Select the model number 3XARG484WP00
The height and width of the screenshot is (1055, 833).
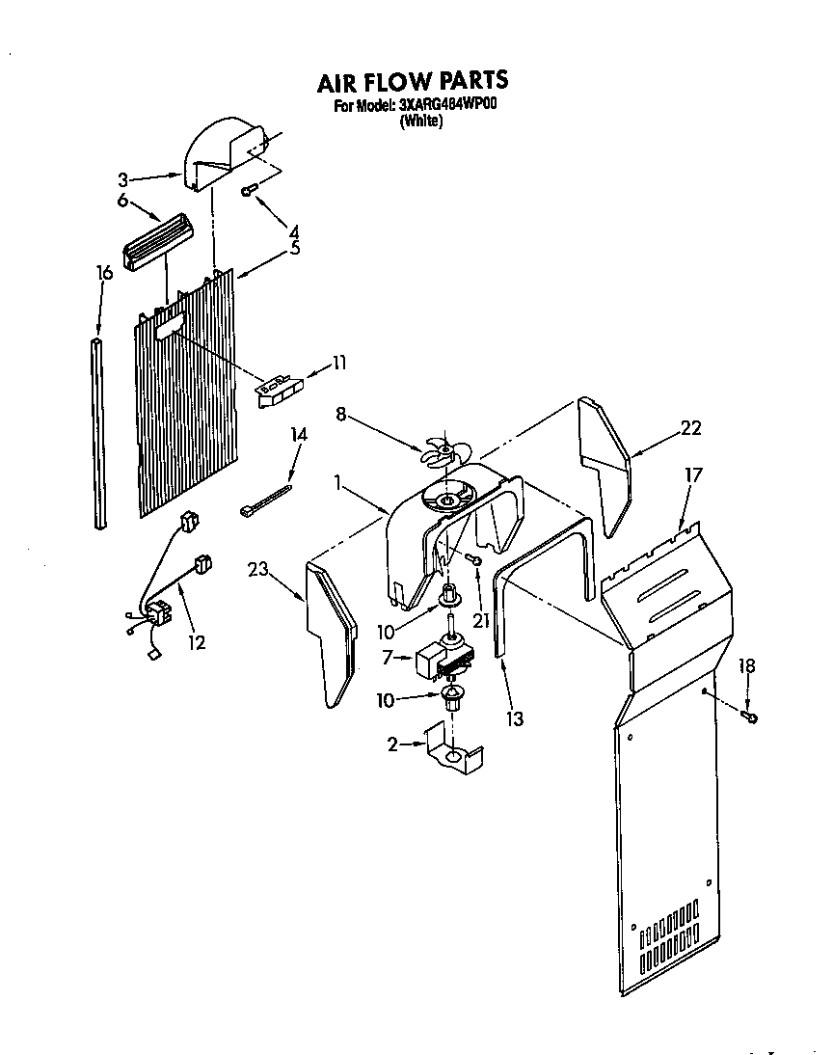[x=447, y=106]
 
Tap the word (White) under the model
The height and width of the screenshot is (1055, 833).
[x=420, y=122]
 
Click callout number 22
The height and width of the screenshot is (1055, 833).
[x=690, y=429]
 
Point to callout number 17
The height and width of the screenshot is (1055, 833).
[x=693, y=474]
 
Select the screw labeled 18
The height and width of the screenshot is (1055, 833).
[x=752, y=716]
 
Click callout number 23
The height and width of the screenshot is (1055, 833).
[x=256, y=570]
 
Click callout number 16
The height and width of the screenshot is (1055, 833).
[x=105, y=273]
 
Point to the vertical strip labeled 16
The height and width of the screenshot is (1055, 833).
[x=98, y=434]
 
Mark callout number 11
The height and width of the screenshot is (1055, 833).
[x=338, y=363]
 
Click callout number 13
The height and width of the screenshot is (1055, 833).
[x=515, y=718]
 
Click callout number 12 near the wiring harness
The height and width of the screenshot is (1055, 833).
[x=197, y=642]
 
